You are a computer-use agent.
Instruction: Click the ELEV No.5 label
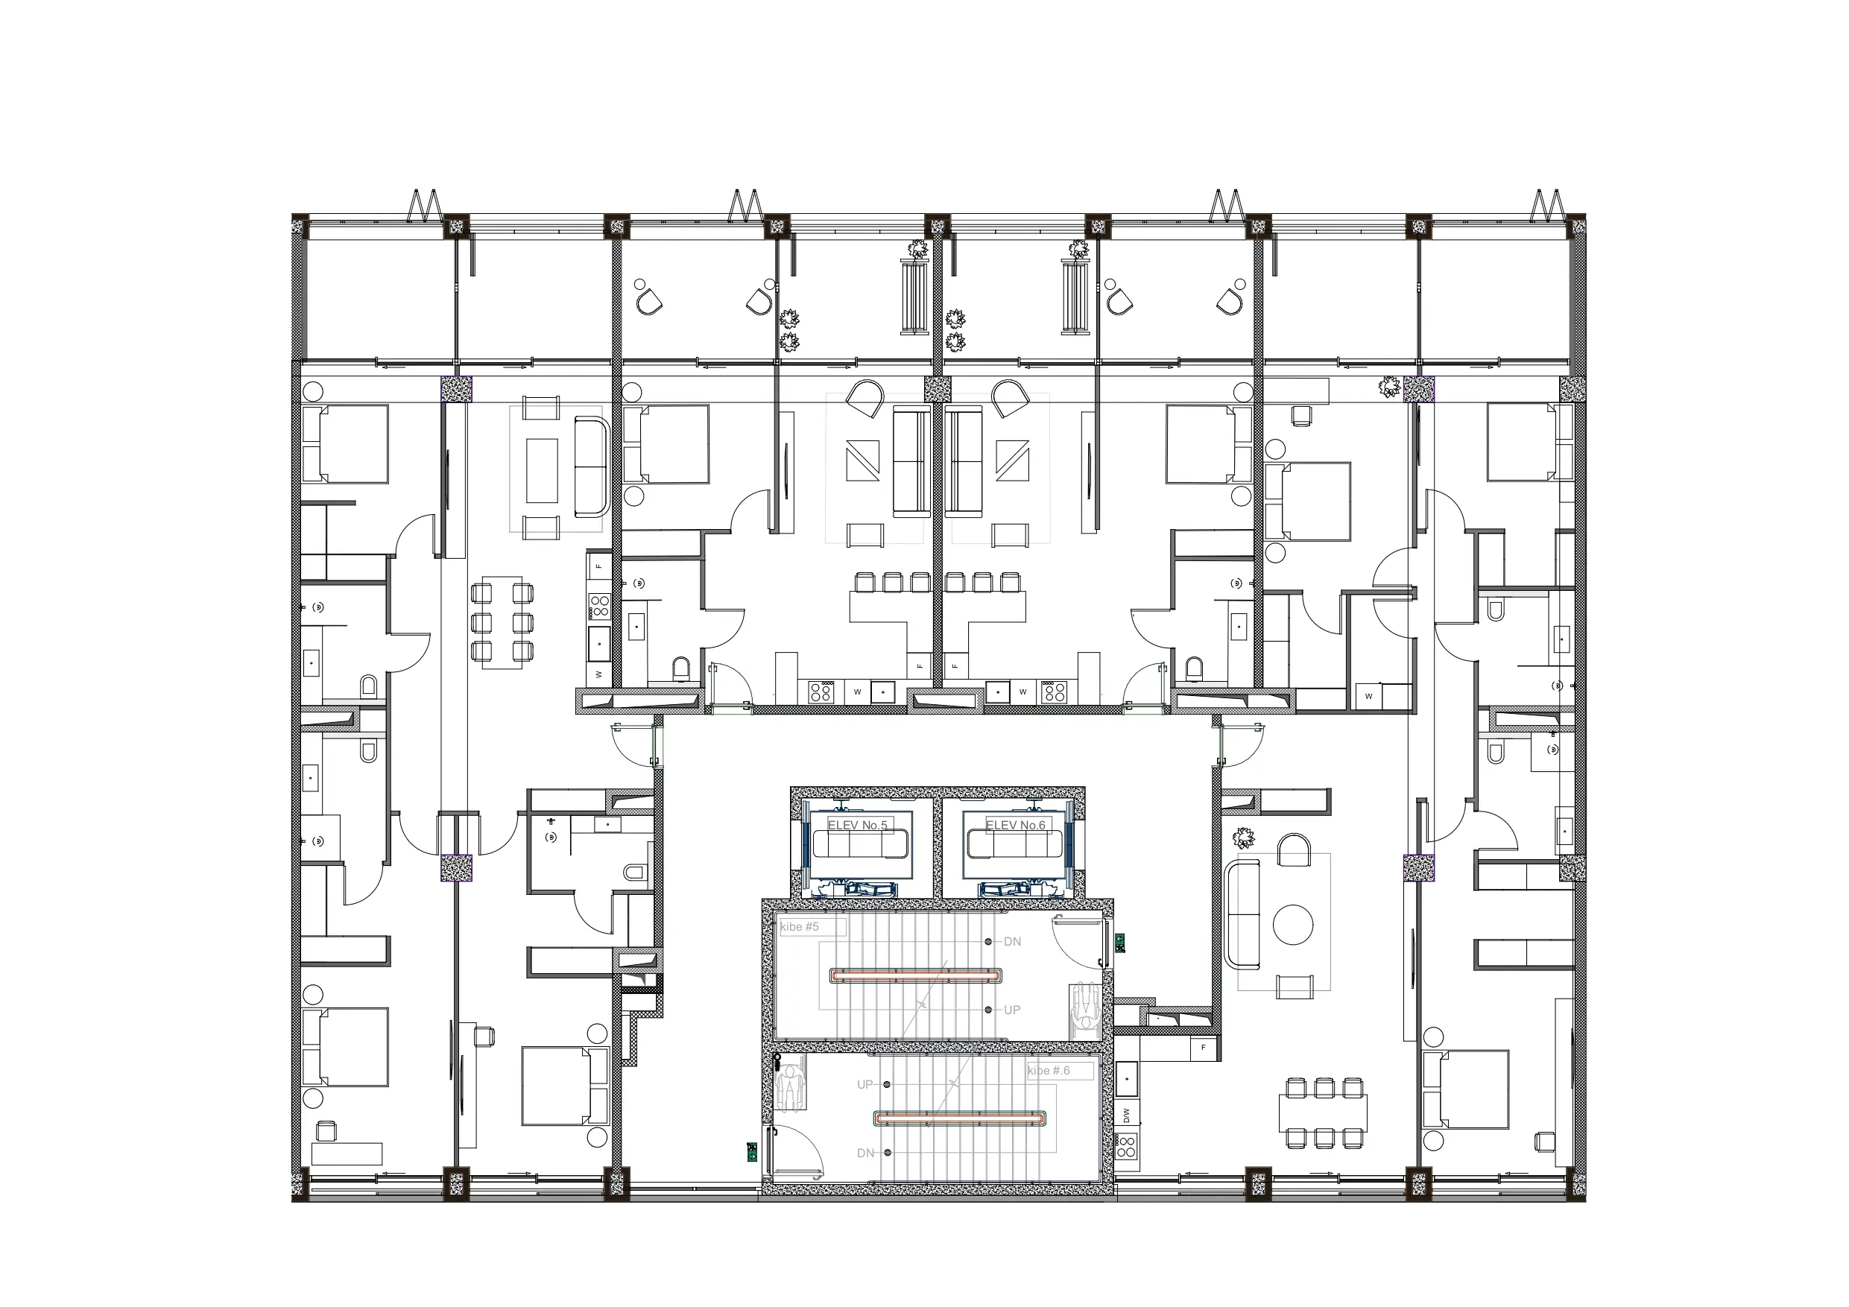pyautogui.click(x=858, y=826)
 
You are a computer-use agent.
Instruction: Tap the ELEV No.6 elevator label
pyautogui.click(x=1016, y=826)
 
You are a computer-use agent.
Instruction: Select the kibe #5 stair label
pyautogui.click(x=800, y=927)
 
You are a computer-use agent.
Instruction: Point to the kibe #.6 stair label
pyautogui.click(x=1049, y=1070)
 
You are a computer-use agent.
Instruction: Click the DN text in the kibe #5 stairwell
pyautogui.click(x=1012, y=941)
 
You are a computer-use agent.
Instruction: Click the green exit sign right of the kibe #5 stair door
pyautogui.click(x=1119, y=941)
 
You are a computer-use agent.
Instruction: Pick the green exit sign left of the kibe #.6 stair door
pyautogui.click(x=751, y=1151)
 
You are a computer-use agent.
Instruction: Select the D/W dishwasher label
pyautogui.click(x=1127, y=1115)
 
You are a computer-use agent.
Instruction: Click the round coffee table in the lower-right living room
pyautogui.click(x=1292, y=925)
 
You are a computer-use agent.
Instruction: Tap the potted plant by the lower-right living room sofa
pyautogui.click(x=1243, y=839)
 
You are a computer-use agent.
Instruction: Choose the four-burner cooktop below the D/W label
pyautogui.click(x=1127, y=1146)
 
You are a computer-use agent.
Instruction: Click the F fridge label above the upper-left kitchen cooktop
pyautogui.click(x=599, y=566)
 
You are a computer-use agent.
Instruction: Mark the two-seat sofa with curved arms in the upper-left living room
pyautogui.click(x=591, y=466)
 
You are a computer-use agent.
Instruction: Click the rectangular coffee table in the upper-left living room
pyautogui.click(x=542, y=470)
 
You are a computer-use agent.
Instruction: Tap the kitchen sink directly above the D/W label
pyautogui.click(x=1127, y=1077)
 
